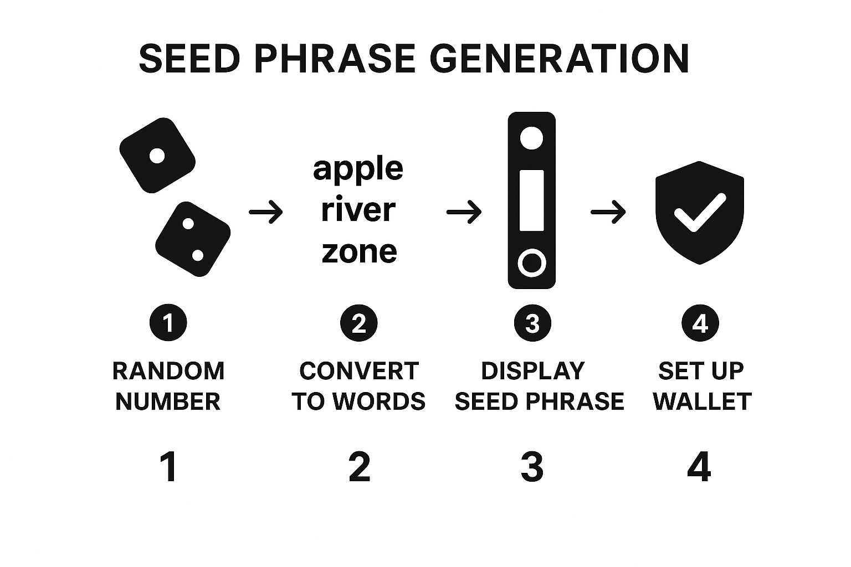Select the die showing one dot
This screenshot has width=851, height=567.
157,156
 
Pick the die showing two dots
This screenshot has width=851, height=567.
193,239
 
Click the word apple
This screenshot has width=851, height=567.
358,169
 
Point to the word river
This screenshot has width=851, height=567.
358,210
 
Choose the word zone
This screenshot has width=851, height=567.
359,252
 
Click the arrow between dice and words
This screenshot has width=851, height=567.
266,212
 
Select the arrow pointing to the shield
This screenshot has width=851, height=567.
608,212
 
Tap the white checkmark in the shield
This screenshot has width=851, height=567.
699,212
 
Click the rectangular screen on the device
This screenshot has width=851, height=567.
531,200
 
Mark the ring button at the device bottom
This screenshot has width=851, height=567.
531,263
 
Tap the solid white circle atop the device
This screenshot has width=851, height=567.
531,137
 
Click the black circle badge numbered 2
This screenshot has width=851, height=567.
359,323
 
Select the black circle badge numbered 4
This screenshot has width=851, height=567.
700,323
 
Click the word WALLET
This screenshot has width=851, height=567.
702,401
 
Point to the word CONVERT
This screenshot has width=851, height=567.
359,371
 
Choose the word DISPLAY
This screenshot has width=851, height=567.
532,371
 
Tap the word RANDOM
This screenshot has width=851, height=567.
168,371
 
